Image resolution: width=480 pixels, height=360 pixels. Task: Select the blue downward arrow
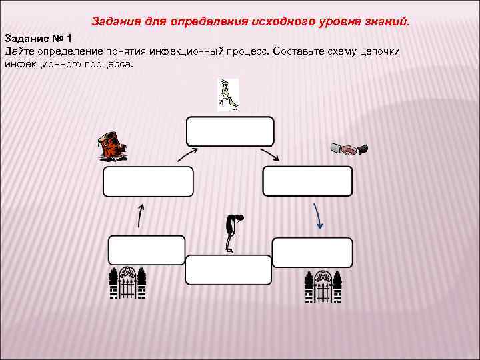click(x=318, y=216)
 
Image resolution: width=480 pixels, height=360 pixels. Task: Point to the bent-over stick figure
click(x=231, y=233)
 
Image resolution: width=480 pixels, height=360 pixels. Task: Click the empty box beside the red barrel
click(x=148, y=181)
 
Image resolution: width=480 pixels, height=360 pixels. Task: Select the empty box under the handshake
click(x=307, y=181)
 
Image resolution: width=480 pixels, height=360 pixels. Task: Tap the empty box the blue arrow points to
click(x=312, y=252)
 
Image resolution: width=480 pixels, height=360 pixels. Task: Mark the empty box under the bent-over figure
click(x=228, y=269)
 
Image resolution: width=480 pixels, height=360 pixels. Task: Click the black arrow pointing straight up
click(x=141, y=216)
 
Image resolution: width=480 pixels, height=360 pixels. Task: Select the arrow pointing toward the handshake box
click(x=269, y=154)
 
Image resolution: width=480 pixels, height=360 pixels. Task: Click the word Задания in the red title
click(x=113, y=21)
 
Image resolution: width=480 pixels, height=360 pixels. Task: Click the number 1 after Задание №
click(x=68, y=39)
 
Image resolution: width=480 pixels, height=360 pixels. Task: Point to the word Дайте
click(x=19, y=51)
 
